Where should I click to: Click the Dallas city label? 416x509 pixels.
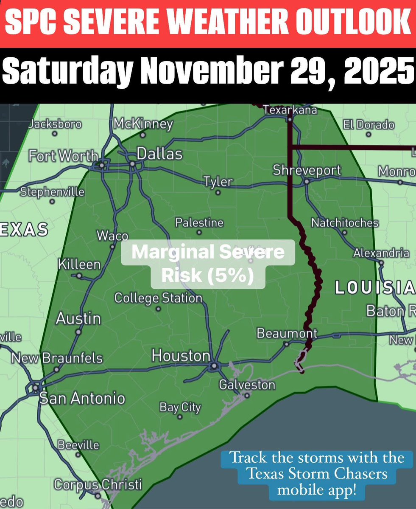tap(159, 154)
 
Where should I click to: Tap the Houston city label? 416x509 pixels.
tap(181, 356)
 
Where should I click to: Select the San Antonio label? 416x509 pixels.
tap(82, 398)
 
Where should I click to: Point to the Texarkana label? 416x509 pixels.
tap(290, 110)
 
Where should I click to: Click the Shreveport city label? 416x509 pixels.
tap(307, 170)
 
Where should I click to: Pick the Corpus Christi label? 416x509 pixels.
tap(98, 484)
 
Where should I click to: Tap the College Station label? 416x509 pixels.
tap(158, 298)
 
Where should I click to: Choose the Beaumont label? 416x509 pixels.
tap(287, 333)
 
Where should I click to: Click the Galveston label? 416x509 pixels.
tap(247, 385)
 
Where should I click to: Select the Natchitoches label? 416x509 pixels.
tap(345, 223)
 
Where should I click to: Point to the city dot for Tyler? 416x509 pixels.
tap(218, 193)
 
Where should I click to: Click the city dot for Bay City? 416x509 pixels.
tap(179, 417)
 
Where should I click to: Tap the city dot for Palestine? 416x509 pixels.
tap(199, 233)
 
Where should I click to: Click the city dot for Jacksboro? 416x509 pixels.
tap(55, 134)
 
